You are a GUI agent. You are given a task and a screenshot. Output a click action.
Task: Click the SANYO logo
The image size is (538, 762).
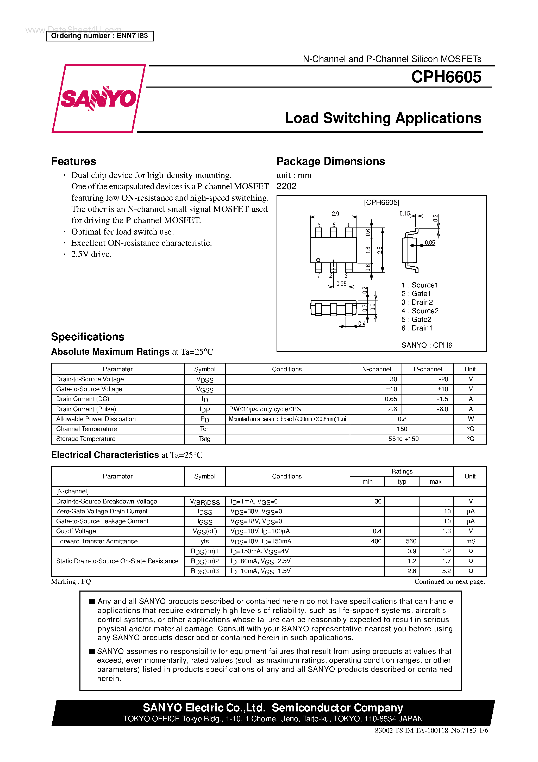pos(98,99)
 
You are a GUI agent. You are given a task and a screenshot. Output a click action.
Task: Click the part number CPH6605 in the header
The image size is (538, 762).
pos(446,77)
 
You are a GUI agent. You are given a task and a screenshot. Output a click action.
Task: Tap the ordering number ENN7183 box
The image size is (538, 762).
pos(99,36)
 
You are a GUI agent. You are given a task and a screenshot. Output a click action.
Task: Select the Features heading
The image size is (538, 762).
pos(74,161)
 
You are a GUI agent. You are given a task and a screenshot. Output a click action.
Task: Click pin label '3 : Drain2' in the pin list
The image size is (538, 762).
pos(417,302)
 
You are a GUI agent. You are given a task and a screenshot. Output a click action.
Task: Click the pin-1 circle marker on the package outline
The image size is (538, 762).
pos(318,260)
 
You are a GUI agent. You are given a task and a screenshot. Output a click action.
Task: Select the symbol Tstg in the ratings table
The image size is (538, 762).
pos(205,439)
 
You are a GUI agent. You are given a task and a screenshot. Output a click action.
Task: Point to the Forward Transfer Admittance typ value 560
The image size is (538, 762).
pos(411,541)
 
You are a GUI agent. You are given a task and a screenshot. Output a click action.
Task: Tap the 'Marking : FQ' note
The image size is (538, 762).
pos(71,581)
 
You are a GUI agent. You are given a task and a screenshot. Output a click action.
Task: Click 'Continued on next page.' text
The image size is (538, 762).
pos(449,581)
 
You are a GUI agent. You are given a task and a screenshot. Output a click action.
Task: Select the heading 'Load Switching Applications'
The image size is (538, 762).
pos(383,118)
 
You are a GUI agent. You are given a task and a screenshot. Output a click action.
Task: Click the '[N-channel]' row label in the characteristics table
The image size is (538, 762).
pos(72,491)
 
